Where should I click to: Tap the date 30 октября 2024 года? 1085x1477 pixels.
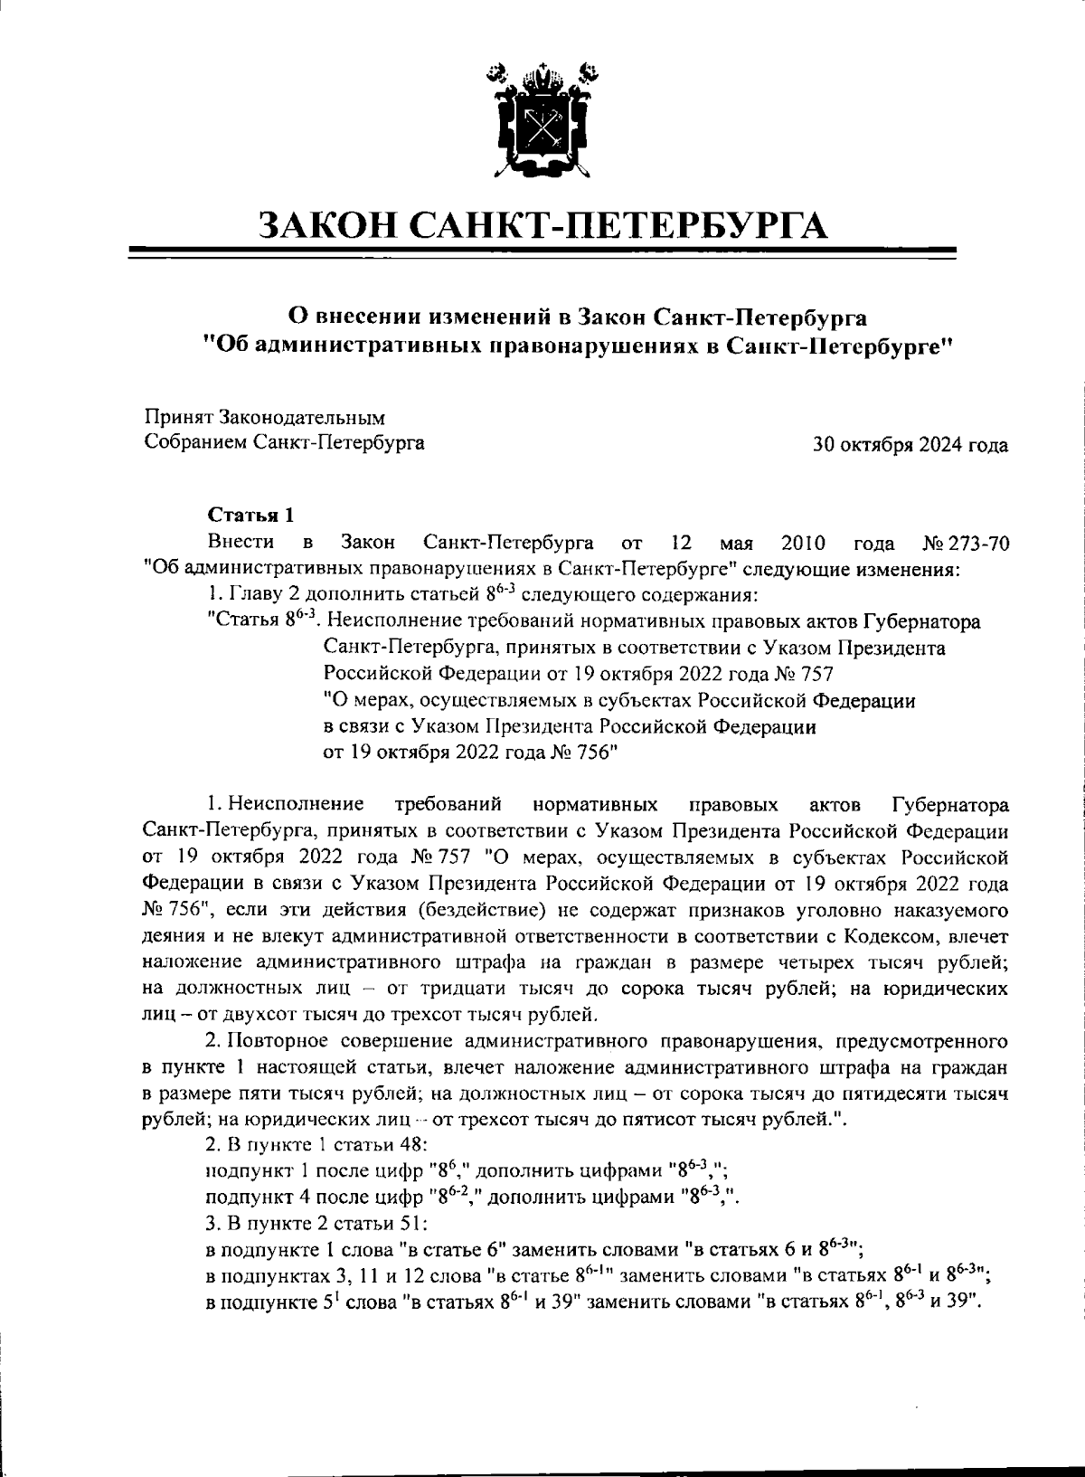(910, 445)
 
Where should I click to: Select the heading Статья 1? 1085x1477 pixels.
(251, 516)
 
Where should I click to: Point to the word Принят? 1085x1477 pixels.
(177, 418)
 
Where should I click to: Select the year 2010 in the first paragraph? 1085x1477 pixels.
(800, 544)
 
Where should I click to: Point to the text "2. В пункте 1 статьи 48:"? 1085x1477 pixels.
(302, 1146)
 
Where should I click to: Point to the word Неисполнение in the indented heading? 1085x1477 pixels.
(393, 622)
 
